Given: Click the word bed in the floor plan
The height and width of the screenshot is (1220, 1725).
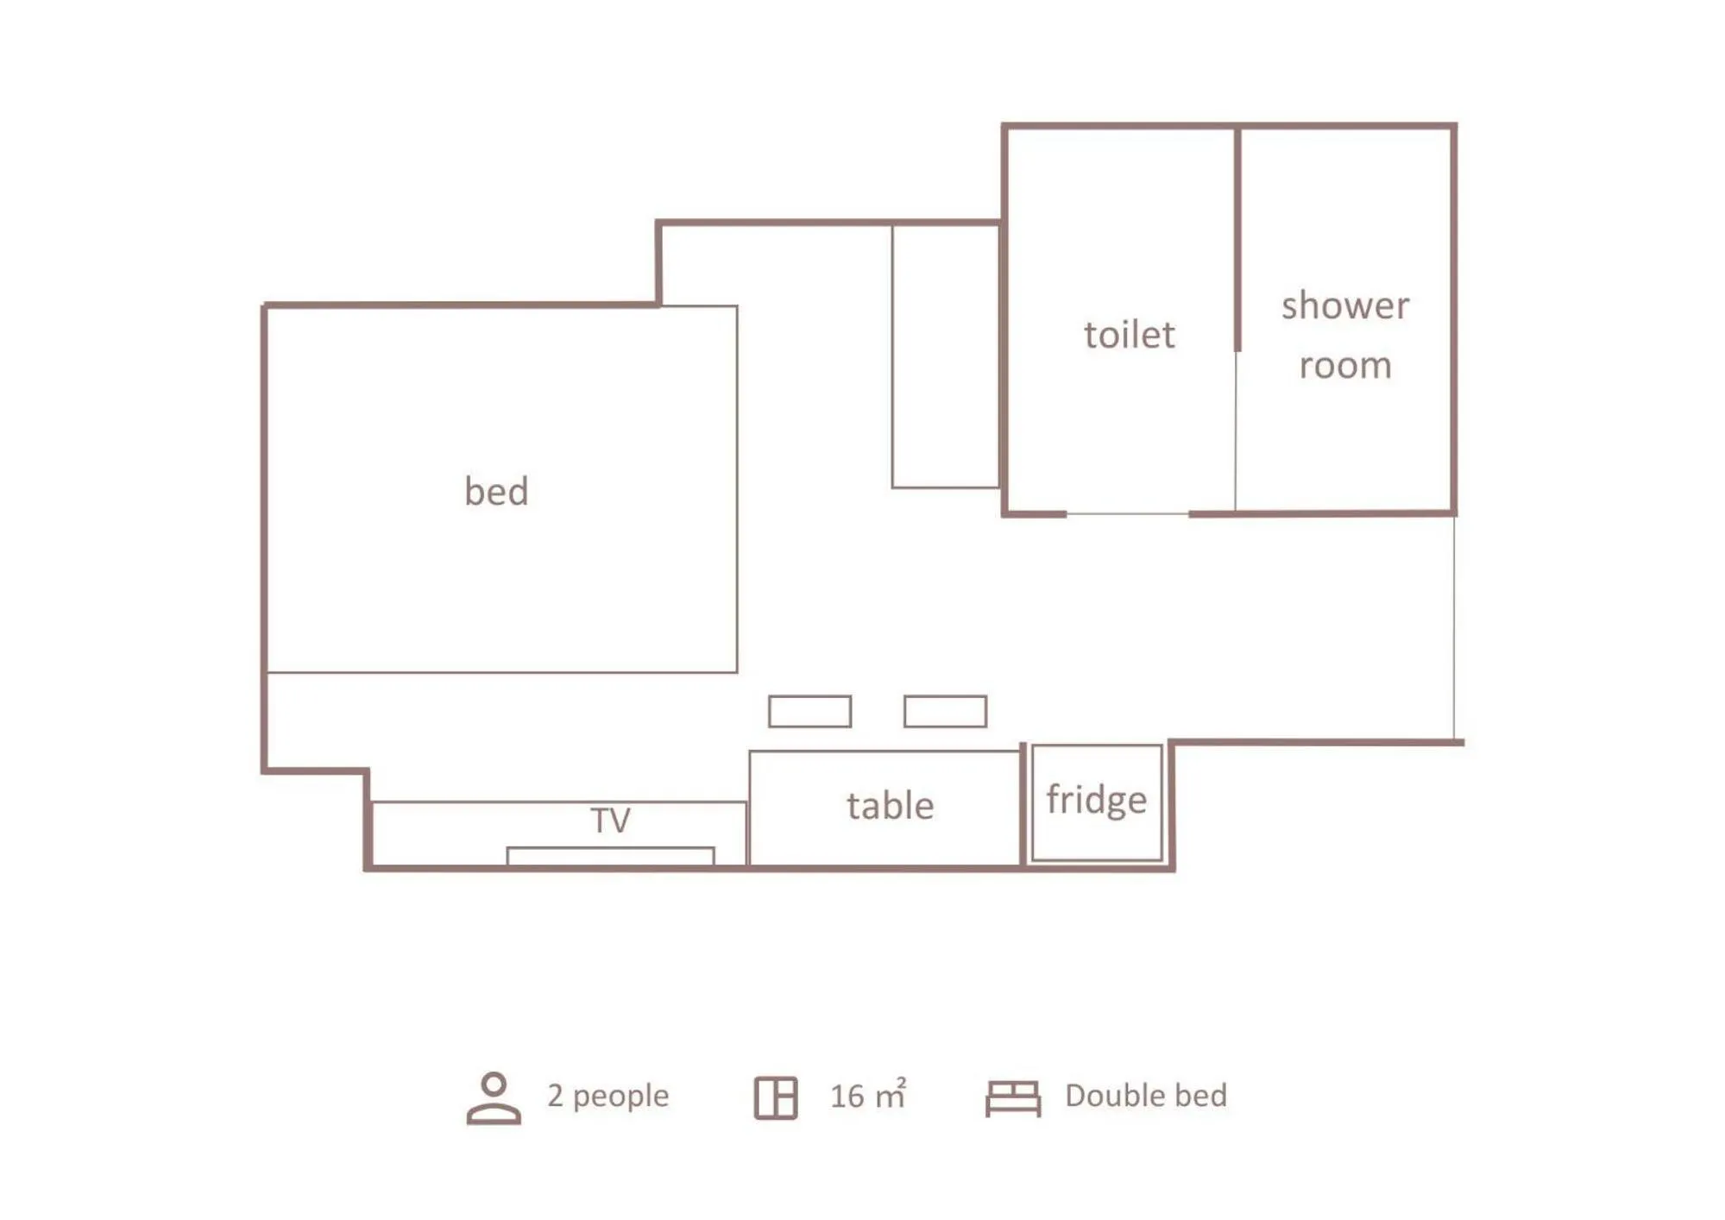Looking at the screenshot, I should click(x=496, y=491).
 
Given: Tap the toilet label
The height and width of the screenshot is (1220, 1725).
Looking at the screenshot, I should click(x=1129, y=335).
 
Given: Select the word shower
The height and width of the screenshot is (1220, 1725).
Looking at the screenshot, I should click(x=1344, y=305).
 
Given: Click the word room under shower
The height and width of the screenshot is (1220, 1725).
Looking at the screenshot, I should click(x=1344, y=366).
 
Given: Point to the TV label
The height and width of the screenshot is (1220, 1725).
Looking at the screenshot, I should click(x=610, y=820).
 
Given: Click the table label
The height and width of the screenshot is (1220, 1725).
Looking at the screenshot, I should click(x=890, y=806).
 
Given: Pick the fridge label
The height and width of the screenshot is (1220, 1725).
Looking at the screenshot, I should click(x=1096, y=800).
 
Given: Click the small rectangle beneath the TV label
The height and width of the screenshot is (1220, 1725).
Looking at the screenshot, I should click(x=610, y=855).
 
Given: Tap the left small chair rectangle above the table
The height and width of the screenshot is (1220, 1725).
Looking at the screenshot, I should click(x=809, y=712).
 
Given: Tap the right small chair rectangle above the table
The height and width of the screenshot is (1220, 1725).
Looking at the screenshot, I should click(x=945, y=712).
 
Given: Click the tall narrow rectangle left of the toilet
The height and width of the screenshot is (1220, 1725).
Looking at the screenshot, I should click(x=945, y=355).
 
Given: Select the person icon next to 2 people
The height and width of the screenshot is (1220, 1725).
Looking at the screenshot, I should click(x=494, y=1097).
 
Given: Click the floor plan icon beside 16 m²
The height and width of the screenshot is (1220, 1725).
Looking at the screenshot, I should click(x=776, y=1097).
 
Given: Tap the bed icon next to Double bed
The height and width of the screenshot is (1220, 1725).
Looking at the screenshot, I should click(x=1013, y=1098).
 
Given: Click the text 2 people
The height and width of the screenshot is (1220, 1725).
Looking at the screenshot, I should click(x=608, y=1096).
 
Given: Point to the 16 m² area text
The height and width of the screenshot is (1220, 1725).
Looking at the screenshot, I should click(x=867, y=1096).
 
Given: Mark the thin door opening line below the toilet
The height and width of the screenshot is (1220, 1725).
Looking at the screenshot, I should click(x=1127, y=514).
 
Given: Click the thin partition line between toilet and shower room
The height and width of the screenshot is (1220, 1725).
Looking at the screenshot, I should click(x=1236, y=431).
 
